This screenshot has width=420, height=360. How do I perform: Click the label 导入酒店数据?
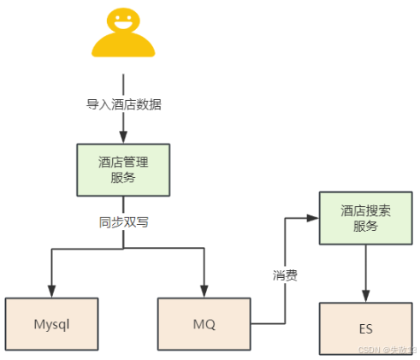point(123,105)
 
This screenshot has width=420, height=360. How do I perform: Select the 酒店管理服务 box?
point(123,168)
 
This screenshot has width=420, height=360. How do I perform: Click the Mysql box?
point(52,325)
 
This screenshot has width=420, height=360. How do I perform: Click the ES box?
point(365,328)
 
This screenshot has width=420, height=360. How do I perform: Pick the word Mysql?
point(52,325)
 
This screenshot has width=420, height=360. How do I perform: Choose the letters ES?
point(365,328)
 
